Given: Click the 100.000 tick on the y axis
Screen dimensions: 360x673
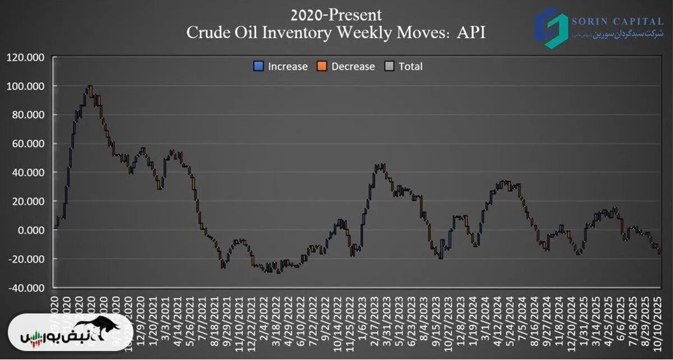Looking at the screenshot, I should pyautogui.click(x=26, y=86).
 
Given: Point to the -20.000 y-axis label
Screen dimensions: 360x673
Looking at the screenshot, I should pyautogui.click(x=27, y=259).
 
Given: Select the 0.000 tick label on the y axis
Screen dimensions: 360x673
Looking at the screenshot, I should pyautogui.click(x=30, y=230).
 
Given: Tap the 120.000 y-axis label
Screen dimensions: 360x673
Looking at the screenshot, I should pyautogui.click(x=26, y=57).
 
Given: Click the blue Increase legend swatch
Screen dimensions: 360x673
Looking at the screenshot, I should pyautogui.click(x=259, y=67).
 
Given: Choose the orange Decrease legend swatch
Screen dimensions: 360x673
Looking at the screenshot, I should pyautogui.click(x=322, y=67).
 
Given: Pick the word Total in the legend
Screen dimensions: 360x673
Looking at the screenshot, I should pyautogui.click(x=411, y=67).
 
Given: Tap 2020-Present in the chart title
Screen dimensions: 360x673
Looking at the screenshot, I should pyautogui.click(x=336, y=13).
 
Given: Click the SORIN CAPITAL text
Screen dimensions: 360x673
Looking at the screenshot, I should pyautogui.click(x=617, y=22).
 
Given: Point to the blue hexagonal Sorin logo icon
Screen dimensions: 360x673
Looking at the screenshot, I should pyautogui.click(x=550, y=26).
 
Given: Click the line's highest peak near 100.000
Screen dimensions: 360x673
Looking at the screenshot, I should pyautogui.click(x=89, y=86).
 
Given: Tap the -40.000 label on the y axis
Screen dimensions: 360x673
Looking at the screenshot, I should pyautogui.click(x=27, y=288).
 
